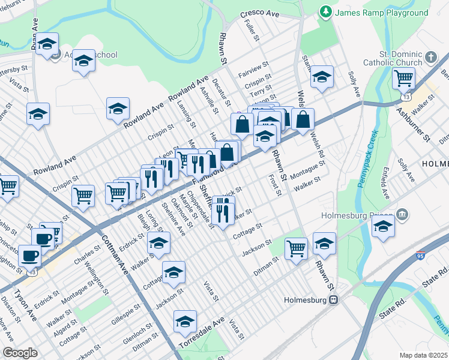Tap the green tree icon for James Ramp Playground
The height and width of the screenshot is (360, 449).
tap(326, 11)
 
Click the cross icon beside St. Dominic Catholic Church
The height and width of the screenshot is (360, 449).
tap(431, 58)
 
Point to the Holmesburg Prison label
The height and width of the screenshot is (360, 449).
tap(358, 215)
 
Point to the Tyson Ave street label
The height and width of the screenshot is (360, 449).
tap(25, 304)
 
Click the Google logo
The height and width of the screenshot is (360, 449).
tap(20, 352)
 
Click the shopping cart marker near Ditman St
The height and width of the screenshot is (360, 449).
tap(296, 247)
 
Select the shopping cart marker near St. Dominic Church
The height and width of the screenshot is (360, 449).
tap(404, 77)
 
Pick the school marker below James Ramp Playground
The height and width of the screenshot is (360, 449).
tap(322, 77)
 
